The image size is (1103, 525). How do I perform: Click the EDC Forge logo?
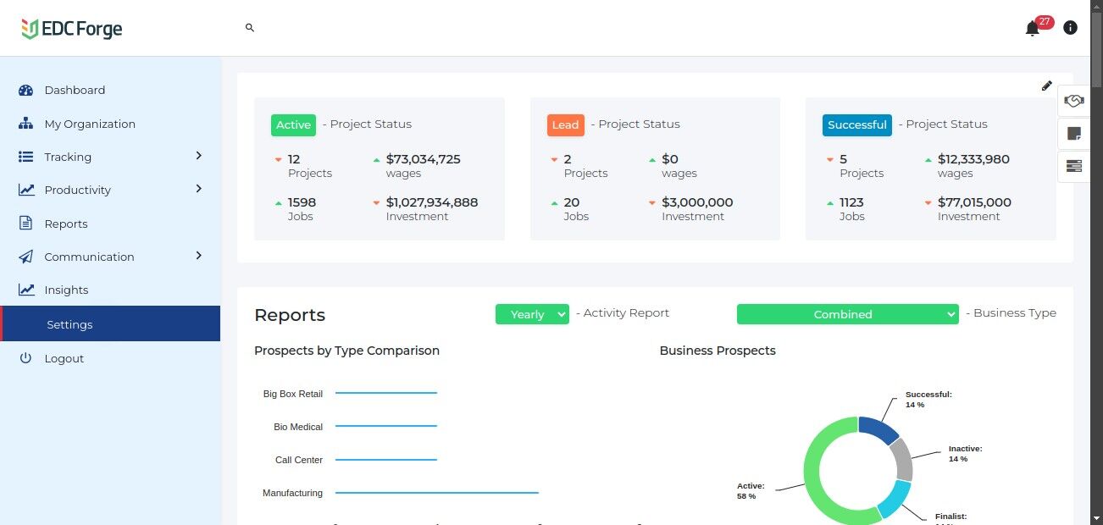tap(72, 29)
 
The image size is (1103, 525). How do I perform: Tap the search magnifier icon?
tap(250, 28)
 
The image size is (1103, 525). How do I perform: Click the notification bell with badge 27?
tap(1032, 29)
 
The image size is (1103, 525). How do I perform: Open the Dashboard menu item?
tap(75, 91)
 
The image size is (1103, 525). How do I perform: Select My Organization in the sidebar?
tap(89, 124)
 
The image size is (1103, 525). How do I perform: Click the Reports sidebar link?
tap(66, 224)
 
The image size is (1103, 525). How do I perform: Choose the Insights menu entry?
tap(66, 290)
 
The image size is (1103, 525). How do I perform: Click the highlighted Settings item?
tap(69, 324)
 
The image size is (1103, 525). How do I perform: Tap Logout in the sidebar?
tap(64, 359)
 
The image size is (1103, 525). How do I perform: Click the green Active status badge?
tap(293, 125)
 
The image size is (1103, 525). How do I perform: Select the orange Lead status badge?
tap(565, 125)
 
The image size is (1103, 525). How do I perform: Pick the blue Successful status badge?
tap(856, 125)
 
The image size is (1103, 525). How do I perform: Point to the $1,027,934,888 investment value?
tap(431, 203)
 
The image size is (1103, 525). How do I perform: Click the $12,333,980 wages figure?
tap(973, 159)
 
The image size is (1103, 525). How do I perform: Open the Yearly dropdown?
tap(532, 314)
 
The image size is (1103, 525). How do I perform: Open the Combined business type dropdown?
tap(847, 314)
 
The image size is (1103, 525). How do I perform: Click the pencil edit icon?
tap(1047, 86)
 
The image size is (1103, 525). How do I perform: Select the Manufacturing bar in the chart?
tap(436, 492)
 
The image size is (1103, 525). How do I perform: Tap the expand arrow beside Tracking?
tap(199, 156)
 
